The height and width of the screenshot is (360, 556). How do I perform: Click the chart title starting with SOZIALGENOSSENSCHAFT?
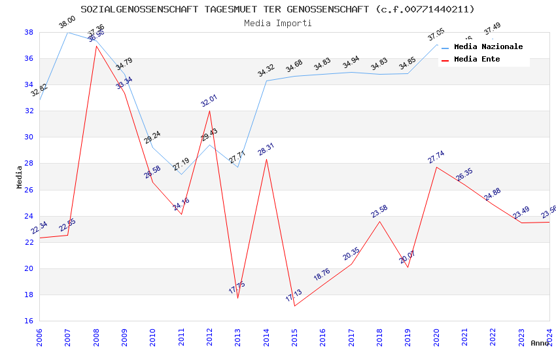[278, 9]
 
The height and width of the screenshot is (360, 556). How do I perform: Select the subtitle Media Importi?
[278, 23]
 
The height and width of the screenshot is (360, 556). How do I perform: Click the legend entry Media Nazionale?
[488, 47]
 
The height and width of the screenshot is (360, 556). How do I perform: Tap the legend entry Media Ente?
[477, 60]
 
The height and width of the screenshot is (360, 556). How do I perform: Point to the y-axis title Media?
[20, 177]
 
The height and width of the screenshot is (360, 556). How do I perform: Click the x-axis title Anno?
[540, 343]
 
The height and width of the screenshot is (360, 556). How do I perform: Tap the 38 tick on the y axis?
[29, 32]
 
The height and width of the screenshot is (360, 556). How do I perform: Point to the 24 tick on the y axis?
[29, 216]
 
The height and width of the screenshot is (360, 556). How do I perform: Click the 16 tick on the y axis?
[29, 321]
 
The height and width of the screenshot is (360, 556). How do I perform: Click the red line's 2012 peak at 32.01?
[209, 110]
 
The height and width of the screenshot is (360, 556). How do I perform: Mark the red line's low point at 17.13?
[294, 306]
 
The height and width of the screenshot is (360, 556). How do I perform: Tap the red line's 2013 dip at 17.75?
[237, 298]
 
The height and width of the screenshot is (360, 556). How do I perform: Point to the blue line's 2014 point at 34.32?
[266, 81]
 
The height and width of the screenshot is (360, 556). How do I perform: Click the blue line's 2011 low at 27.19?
[181, 174]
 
